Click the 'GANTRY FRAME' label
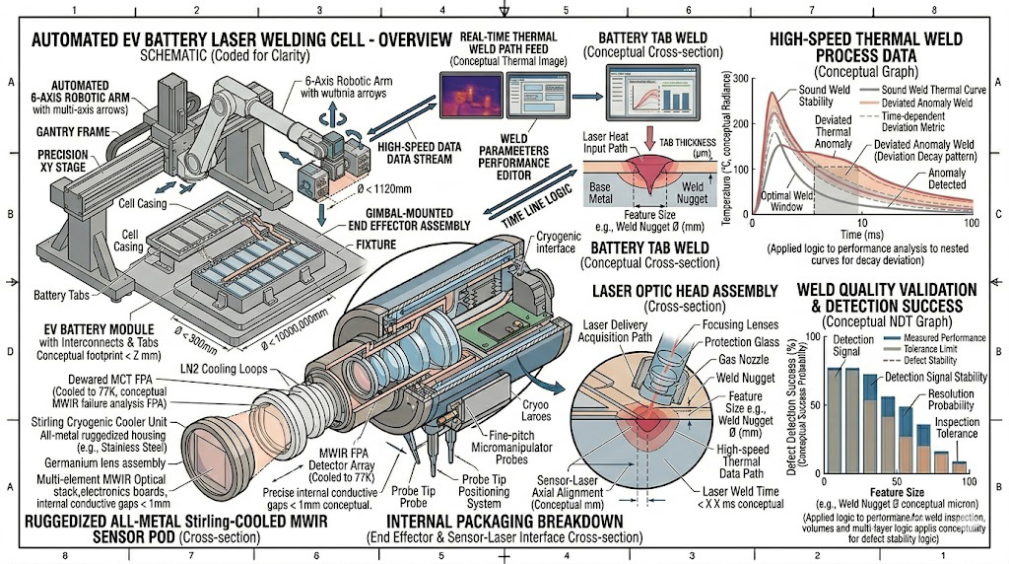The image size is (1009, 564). pos(72,131)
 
